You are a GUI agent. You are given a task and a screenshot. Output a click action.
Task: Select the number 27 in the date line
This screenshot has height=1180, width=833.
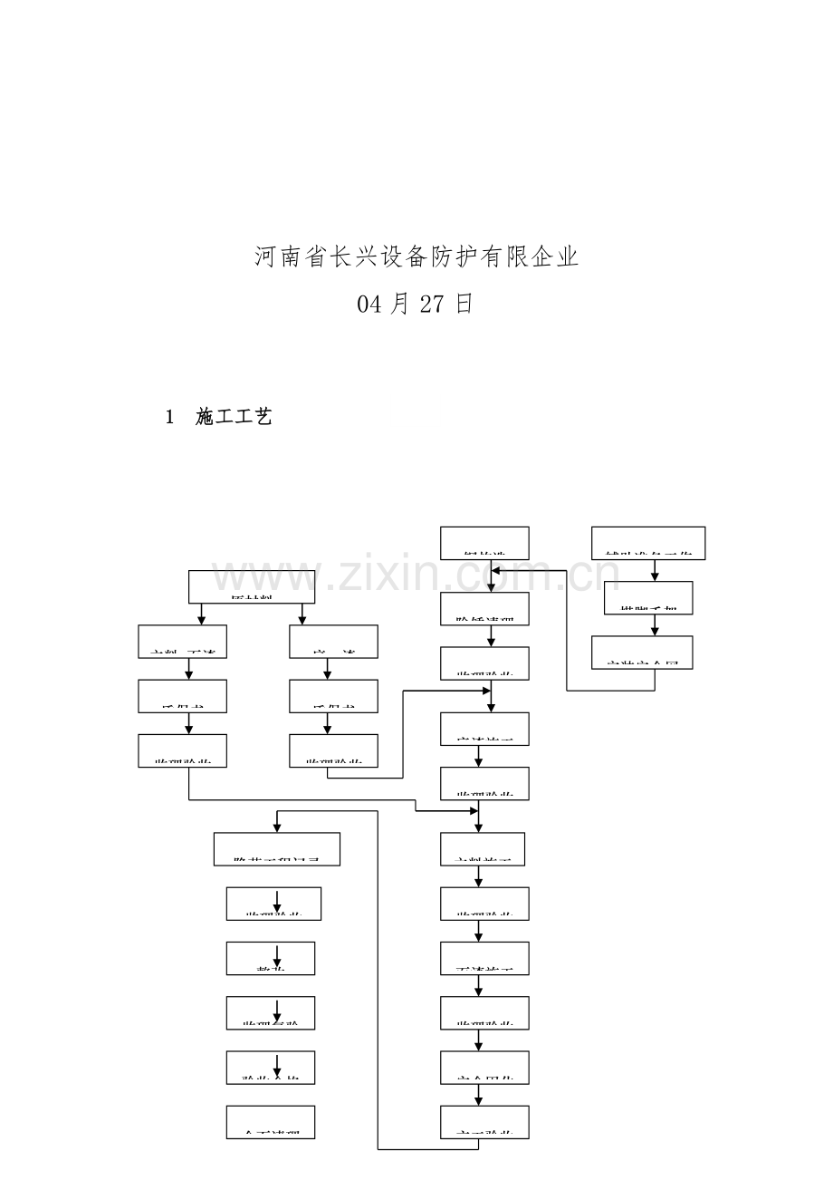pos(433,305)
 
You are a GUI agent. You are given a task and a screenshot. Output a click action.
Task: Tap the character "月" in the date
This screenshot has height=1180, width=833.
pos(400,305)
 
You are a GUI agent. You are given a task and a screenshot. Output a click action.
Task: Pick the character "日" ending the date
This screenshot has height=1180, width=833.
pos(464,305)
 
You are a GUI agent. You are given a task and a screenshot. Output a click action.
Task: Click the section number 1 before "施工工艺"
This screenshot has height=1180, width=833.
pos(168,417)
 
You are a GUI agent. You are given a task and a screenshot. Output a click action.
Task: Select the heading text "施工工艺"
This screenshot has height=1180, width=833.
pos(234,417)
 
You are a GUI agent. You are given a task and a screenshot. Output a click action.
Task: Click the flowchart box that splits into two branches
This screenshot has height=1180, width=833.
pos(252,586)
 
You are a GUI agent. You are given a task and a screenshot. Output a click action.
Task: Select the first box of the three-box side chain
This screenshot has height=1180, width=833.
pos(648,543)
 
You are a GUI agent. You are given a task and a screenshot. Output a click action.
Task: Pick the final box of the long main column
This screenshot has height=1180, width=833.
pos(484,1122)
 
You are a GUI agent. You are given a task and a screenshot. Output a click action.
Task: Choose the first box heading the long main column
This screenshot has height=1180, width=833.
pos(484,543)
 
